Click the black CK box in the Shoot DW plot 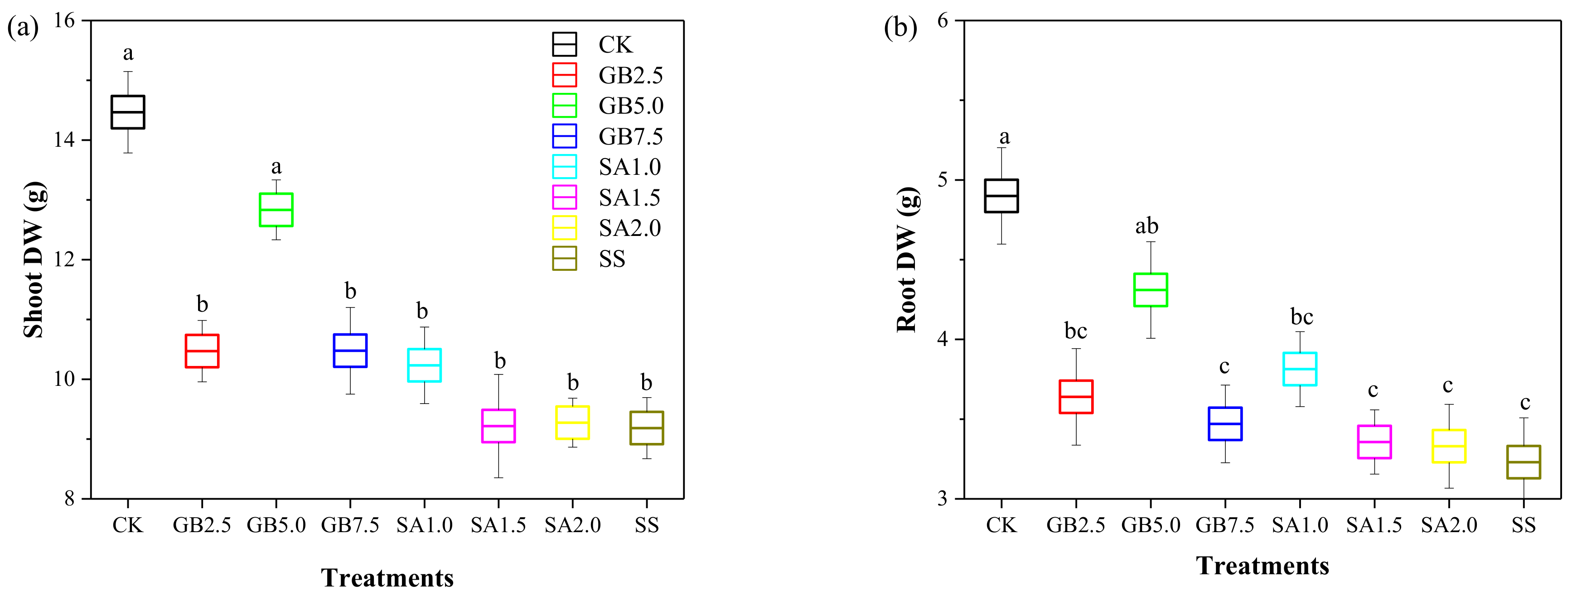coord(127,112)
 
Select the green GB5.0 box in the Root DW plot coord(1150,289)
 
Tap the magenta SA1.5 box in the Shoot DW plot coord(498,426)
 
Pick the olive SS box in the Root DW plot coord(1523,462)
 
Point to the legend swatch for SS coord(564,259)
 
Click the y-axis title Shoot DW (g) coord(34,260)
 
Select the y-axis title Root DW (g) coord(907,260)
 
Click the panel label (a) coord(23,28)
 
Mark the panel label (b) coord(900,28)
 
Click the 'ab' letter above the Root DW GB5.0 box coord(1146,226)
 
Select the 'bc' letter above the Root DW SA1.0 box coord(1301,317)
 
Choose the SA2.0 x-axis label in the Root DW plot coord(1448,525)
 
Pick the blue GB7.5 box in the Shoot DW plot coord(349,351)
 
